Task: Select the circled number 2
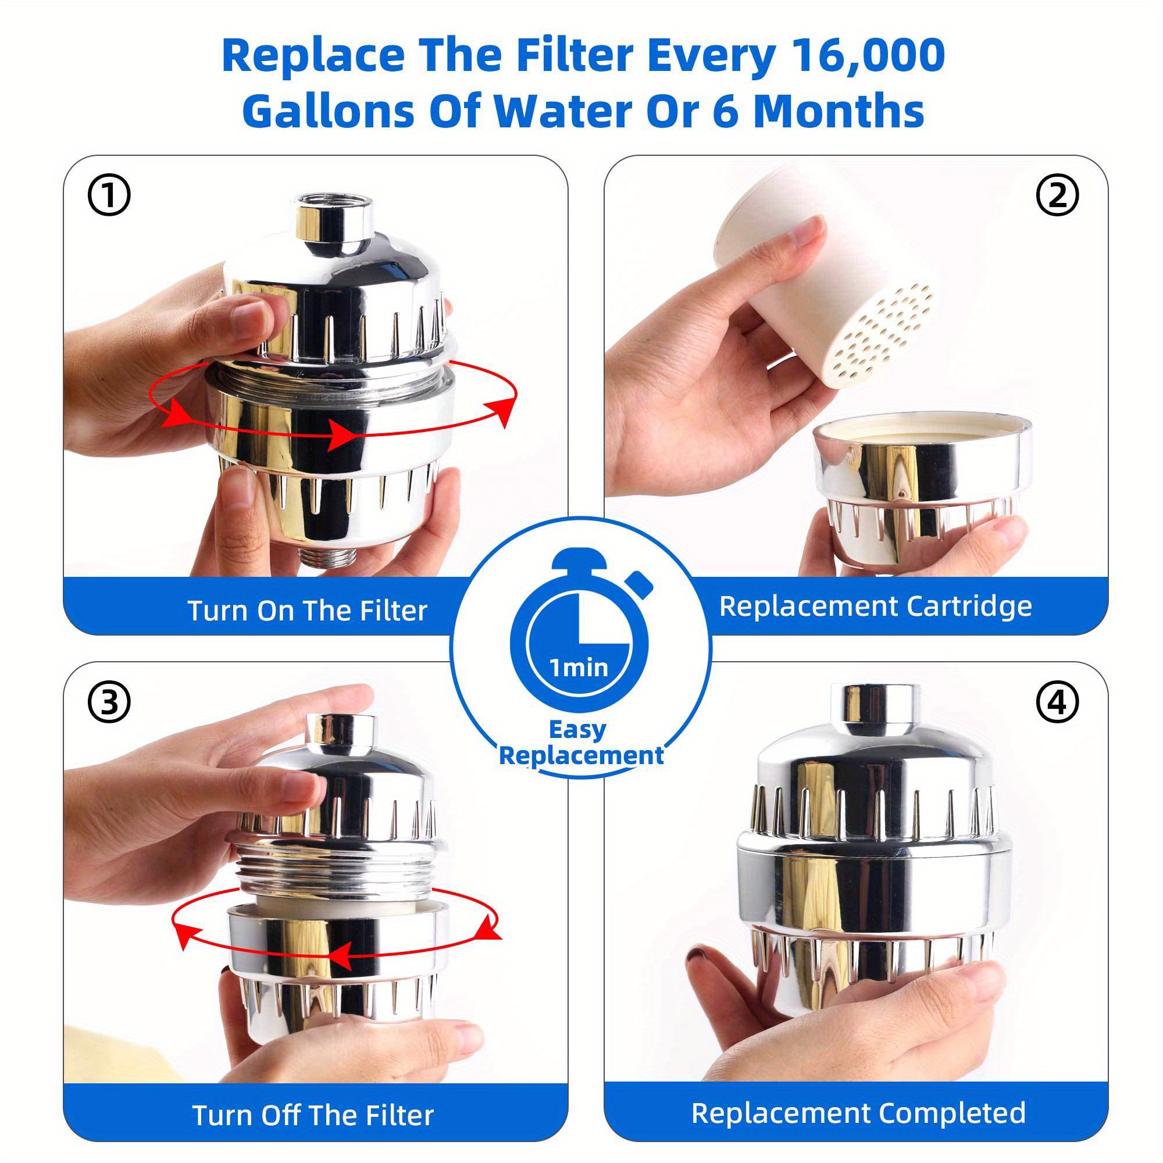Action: [x=1057, y=195]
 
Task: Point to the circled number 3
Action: [x=109, y=702]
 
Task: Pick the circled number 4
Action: [x=1057, y=702]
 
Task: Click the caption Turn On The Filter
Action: [x=308, y=611]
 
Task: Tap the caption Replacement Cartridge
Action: [x=875, y=606]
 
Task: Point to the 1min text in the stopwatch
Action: [x=579, y=668]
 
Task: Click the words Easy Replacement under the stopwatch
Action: [x=581, y=742]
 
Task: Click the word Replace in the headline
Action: [x=313, y=55]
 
